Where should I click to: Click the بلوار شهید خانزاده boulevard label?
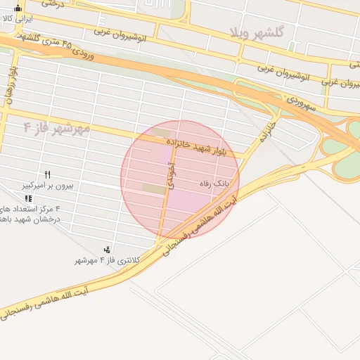tap(202, 147)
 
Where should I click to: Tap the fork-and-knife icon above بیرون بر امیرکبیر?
tap(48, 175)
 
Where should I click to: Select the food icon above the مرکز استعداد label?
tap(28, 199)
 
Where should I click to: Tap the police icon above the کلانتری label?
tap(107, 249)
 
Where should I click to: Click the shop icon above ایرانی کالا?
tap(18, 8)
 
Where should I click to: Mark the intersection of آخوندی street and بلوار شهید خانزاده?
tap(172, 141)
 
